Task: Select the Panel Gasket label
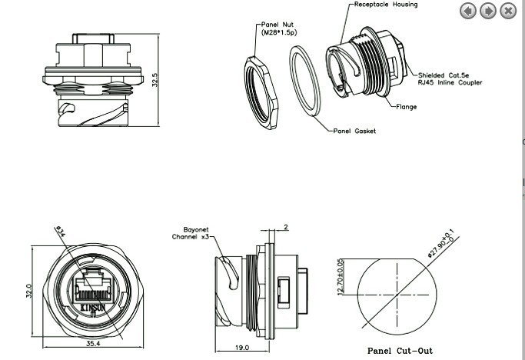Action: pos(354,132)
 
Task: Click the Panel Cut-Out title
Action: pos(400,351)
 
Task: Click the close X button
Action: pos(508,11)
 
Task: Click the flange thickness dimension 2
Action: pos(285,228)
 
